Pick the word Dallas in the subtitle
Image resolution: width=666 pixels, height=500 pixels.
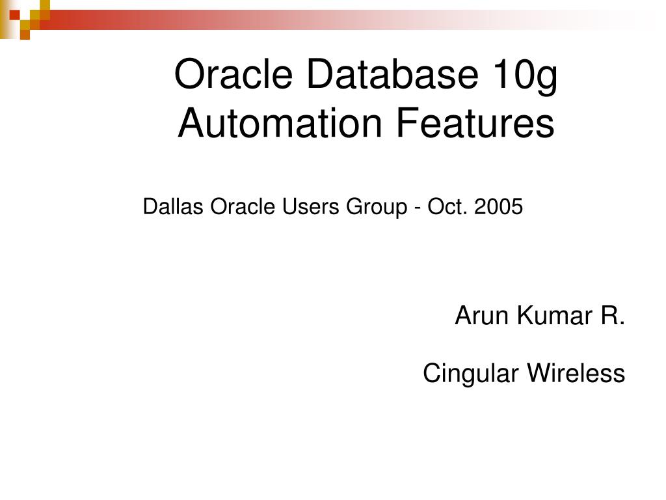coord(165,207)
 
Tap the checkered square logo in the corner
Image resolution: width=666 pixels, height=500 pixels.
coord(25,18)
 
